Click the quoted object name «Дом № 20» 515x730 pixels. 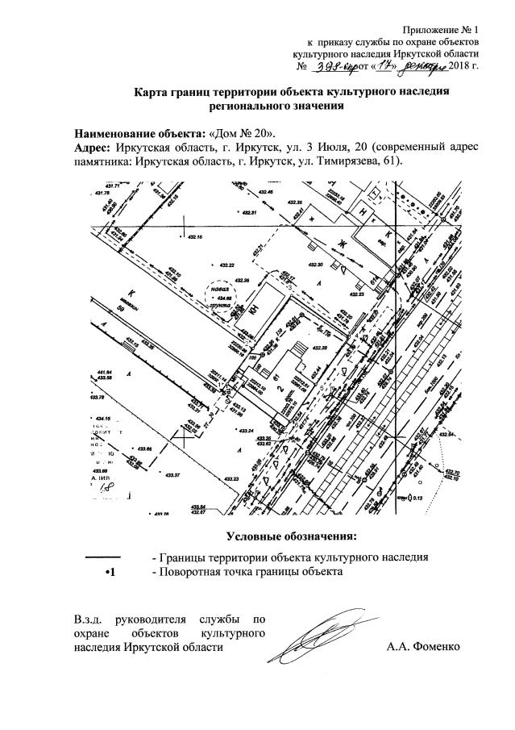coord(243,131)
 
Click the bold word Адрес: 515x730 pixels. coord(93,146)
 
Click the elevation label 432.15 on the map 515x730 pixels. coord(195,236)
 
